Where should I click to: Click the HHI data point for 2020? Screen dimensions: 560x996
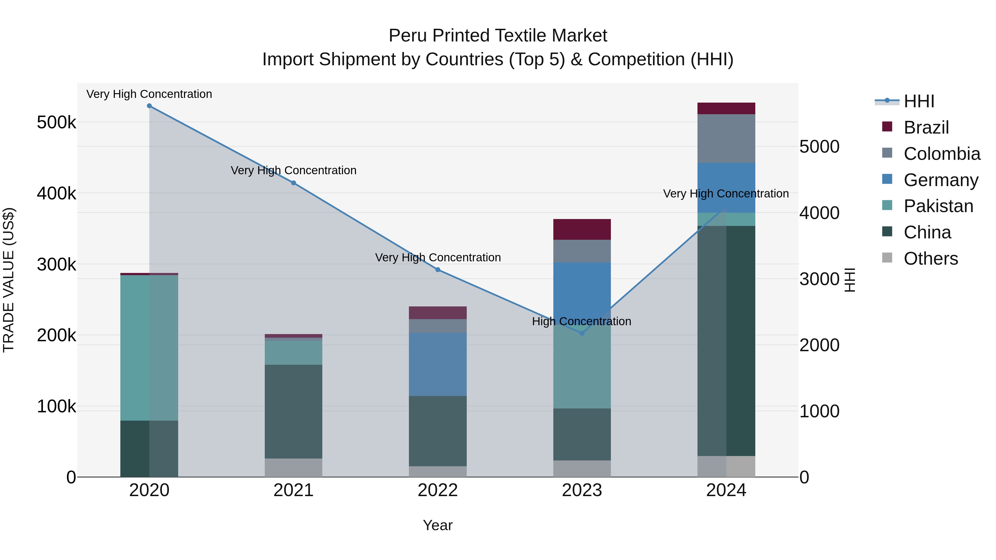click(x=149, y=106)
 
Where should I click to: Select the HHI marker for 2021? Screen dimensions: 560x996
click(x=294, y=183)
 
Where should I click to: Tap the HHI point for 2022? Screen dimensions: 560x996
click(x=438, y=270)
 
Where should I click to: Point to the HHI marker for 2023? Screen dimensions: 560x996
click(x=582, y=333)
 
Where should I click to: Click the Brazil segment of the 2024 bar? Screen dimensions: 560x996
click(x=726, y=109)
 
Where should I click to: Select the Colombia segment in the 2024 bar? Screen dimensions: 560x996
click(x=726, y=138)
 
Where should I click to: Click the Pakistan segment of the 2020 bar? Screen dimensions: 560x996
click(x=149, y=348)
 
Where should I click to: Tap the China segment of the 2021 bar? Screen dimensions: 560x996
click(x=294, y=411)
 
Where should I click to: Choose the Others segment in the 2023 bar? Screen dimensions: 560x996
click(x=582, y=468)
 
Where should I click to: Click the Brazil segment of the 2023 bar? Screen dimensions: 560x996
click(x=582, y=229)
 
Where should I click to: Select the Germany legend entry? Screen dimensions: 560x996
click(x=940, y=180)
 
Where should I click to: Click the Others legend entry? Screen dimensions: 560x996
click(x=930, y=259)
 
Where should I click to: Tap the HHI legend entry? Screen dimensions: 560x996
click(x=919, y=101)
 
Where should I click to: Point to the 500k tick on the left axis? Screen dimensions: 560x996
click(x=56, y=123)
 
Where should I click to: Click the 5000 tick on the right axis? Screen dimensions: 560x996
click(x=819, y=147)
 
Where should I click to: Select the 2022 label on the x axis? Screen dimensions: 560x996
click(x=438, y=490)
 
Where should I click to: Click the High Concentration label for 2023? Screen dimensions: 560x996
click(x=582, y=321)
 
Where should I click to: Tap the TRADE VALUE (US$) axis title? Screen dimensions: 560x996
click(x=9, y=280)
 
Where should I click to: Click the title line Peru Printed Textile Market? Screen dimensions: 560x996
click(x=498, y=36)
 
